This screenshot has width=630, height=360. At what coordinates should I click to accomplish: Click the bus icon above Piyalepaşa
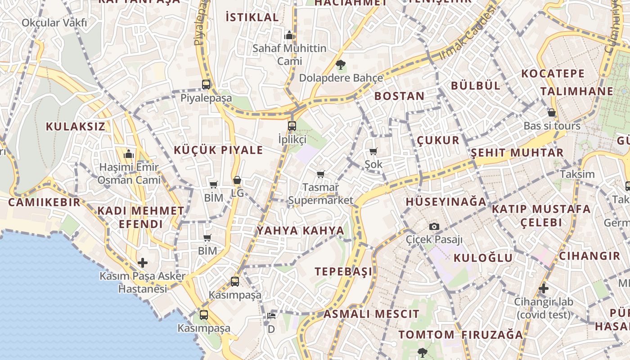pyautogui.click(x=206, y=84)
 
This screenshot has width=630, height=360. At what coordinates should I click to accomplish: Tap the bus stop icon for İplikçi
pyautogui.click(x=292, y=126)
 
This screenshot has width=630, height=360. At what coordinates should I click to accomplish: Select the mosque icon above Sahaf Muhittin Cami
pyautogui.click(x=289, y=35)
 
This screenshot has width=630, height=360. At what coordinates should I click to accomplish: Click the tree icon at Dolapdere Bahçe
pyautogui.click(x=341, y=64)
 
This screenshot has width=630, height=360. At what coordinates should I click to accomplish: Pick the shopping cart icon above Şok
pyautogui.click(x=373, y=151)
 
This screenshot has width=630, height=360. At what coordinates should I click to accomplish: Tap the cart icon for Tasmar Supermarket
pyautogui.click(x=321, y=174)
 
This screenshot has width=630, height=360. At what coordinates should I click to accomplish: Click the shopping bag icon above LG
pyautogui.click(x=237, y=180)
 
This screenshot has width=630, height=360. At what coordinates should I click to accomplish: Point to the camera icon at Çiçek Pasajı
pyautogui.click(x=434, y=226)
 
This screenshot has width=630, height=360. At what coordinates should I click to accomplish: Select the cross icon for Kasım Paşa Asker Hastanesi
pyautogui.click(x=143, y=262)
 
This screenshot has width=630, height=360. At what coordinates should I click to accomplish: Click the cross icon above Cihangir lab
pyautogui.click(x=544, y=288)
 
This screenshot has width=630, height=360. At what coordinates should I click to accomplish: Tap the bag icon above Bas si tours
pyautogui.click(x=552, y=112)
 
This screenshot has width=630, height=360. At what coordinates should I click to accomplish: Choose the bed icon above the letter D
pyautogui.click(x=271, y=316)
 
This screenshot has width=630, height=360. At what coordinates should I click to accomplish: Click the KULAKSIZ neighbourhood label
pyautogui.click(x=75, y=126)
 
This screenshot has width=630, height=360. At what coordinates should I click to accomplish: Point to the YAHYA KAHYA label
pyautogui.click(x=300, y=231)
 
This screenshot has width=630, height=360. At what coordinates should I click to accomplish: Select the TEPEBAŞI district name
pyautogui.click(x=343, y=271)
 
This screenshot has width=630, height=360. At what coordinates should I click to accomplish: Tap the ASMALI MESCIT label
pyautogui.click(x=371, y=314)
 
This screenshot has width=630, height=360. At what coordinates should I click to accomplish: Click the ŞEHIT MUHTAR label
pyautogui.click(x=517, y=153)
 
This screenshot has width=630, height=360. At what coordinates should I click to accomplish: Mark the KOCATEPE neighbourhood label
pyautogui.click(x=553, y=74)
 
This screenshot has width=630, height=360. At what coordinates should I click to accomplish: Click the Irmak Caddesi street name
pyautogui.click(x=467, y=33)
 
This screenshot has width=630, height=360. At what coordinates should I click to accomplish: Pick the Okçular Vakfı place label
pyautogui.click(x=54, y=22)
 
